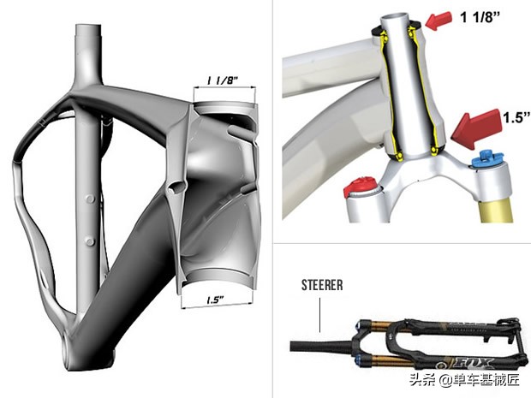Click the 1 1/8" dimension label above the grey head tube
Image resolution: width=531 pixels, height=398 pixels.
pyautogui.click(x=223, y=80)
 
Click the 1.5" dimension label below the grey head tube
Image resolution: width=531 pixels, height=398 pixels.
pyautogui.click(x=216, y=300)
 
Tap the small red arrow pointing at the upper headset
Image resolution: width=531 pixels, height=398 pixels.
pyautogui.click(x=439, y=21)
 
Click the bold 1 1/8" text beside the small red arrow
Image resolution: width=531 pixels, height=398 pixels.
pyautogui.click(x=480, y=17)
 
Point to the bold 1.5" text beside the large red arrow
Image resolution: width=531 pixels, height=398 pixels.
pyautogui.click(x=516, y=117)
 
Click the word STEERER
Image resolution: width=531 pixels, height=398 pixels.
pyautogui.click(x=322, y=285)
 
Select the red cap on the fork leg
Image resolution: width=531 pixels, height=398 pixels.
pyautogui.click(x=360, y=186)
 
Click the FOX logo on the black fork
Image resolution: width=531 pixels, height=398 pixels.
pyautogui.click(x=474, y=364)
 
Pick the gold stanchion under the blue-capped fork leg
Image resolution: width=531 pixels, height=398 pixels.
pyautogui.click(x=495, y=210)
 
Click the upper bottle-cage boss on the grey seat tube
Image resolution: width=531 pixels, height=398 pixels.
pyautogui.click(x=90, y=199)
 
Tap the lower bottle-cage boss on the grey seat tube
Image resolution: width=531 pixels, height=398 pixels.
pyautogui.click(x=90, y=241)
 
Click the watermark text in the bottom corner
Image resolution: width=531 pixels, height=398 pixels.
pyautogui.click(x=464, y=380)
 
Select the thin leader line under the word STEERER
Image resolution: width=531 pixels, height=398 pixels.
pyautogui.click(x=319, y=315)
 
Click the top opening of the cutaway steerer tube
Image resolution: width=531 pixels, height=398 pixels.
pyautogui.click(x=396, y=17)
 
